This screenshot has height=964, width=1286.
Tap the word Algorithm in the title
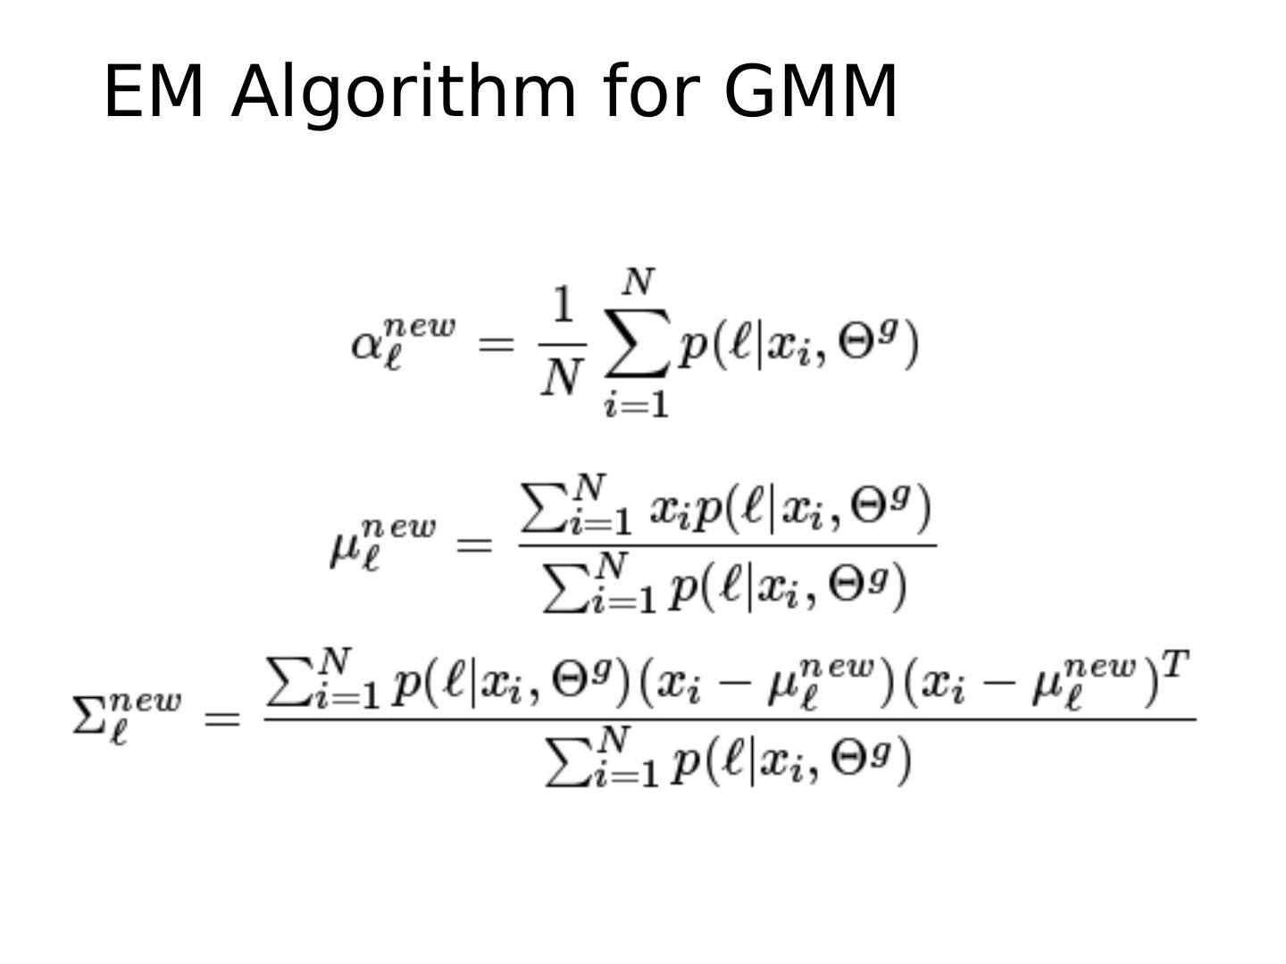coord(404,93)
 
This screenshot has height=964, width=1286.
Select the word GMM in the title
coord(809,91)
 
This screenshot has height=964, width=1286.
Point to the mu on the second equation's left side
coord(345,546)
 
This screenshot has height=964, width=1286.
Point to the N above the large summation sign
coord(638,283)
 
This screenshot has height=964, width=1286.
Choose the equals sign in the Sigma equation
coord(222,718)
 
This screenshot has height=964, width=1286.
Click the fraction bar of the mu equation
coord(727,545)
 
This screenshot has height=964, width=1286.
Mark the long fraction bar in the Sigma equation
coord(730,719)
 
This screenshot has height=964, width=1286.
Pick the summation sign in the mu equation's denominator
coord(563,586)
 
